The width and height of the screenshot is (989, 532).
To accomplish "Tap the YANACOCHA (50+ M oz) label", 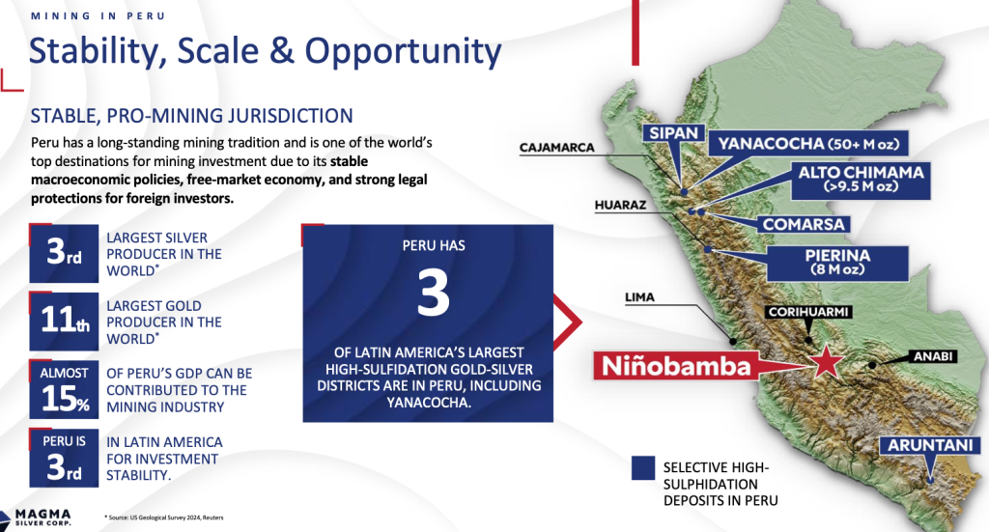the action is coord(808,144).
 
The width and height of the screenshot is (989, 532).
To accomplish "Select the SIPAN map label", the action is coord(673,133).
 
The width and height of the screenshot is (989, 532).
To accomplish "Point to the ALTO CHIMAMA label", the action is coord(861,180).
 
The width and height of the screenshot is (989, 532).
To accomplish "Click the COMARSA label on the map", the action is coord(804,224).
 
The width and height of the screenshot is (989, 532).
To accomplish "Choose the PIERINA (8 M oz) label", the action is coord(837,263).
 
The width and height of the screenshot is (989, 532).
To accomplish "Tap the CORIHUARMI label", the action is coord(809,312).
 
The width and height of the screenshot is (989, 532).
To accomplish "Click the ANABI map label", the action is coord(933,356).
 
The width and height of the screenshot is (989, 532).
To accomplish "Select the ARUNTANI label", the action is coord(930,446).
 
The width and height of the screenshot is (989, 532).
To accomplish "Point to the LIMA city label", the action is coord(639,296).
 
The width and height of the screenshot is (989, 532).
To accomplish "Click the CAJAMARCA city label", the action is coord(557,148).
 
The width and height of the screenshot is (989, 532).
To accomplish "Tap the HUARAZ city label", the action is coord(620,205).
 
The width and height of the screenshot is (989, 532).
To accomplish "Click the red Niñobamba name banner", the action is coord(675,366).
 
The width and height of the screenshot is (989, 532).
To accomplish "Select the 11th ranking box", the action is coord(64,321).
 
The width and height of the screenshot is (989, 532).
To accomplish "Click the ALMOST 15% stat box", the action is coord(64,389).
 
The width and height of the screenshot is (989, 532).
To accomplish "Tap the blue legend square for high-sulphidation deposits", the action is coord(642,468).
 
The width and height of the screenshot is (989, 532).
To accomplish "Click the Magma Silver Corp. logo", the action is coord(37,518).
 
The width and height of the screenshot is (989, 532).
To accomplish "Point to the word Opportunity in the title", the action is coord(403,52).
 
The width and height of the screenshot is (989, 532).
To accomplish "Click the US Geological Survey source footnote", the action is coord(164,518).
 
